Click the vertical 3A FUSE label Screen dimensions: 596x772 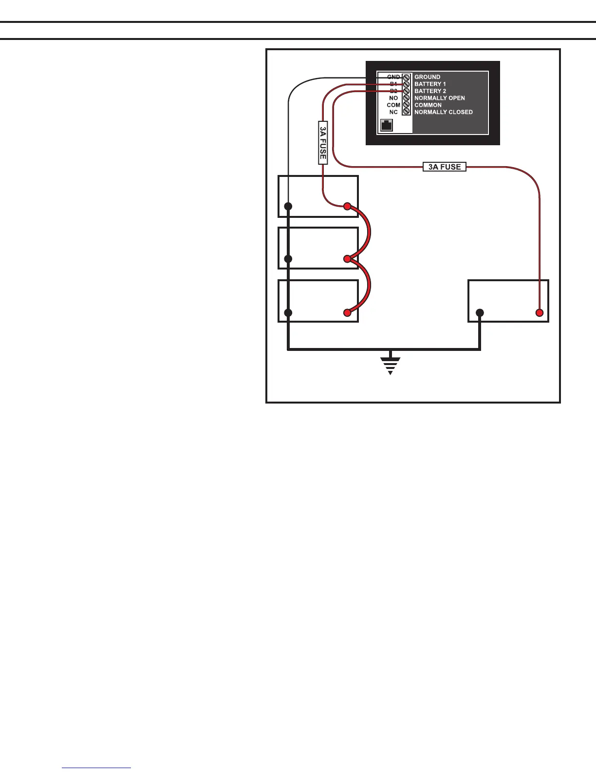point(323,143)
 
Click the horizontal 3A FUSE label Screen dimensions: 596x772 point(444,167)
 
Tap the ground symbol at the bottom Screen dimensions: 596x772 point(391,365)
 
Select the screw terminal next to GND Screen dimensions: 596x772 point(407,77)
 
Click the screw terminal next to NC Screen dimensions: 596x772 point(407,112)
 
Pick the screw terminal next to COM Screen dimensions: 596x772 point(407,105)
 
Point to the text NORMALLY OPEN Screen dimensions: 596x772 point(439,98)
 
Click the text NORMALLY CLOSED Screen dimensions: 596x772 point(443,112)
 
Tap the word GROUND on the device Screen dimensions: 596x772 point(427,77)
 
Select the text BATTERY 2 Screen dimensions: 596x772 point(430,91)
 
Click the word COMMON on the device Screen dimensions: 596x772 point(428,105)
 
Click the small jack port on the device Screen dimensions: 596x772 point(386,125)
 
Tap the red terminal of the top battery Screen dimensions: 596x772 point(347,206)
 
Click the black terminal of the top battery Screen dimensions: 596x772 point(288,206)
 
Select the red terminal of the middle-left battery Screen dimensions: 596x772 point(347,259)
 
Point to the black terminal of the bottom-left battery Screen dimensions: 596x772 point(288,312)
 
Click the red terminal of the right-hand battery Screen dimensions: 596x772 point(539,312)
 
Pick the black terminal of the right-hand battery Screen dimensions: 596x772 point(480,312)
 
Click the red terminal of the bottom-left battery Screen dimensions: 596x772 point(347,312)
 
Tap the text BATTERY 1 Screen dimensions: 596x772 point(430,84)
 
